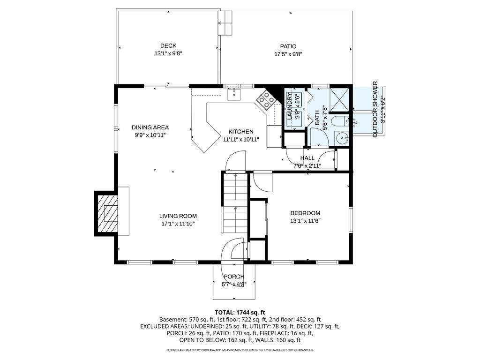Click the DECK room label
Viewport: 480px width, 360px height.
[168, 45]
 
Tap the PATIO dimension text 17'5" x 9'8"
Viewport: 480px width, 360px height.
[288, 54]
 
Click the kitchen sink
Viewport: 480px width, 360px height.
[234, 94]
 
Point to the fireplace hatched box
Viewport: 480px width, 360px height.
[107, 213]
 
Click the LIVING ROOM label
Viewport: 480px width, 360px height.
[178, 216]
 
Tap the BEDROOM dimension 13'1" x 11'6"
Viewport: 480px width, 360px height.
[305, 221]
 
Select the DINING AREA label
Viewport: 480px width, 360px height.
[150, 127]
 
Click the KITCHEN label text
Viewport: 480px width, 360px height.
[241, 132]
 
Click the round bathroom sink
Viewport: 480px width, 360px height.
[341, 138]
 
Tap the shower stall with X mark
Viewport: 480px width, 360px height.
[339, 99]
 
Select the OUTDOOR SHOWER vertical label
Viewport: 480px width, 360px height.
[375, 109]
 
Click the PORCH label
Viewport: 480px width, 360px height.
[234, 277]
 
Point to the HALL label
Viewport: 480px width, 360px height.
[307, 158]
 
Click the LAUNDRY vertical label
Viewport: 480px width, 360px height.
[290, 106]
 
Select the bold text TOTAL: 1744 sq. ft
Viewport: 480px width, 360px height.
[240, 313]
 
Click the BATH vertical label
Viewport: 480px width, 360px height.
[317, 118]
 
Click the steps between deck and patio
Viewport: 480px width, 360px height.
[225, 23]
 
